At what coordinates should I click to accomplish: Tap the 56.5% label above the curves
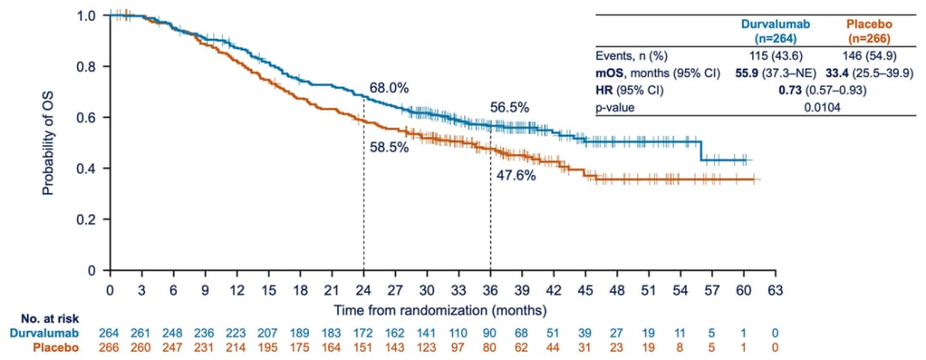(x=509, y=107)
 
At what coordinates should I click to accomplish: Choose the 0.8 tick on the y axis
(x=89, y=67)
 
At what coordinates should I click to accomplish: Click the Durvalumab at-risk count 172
(x=364, y=332)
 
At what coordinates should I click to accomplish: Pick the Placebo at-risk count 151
(x=364, y=346)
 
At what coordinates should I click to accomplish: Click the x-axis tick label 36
(x=491, y=289)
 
